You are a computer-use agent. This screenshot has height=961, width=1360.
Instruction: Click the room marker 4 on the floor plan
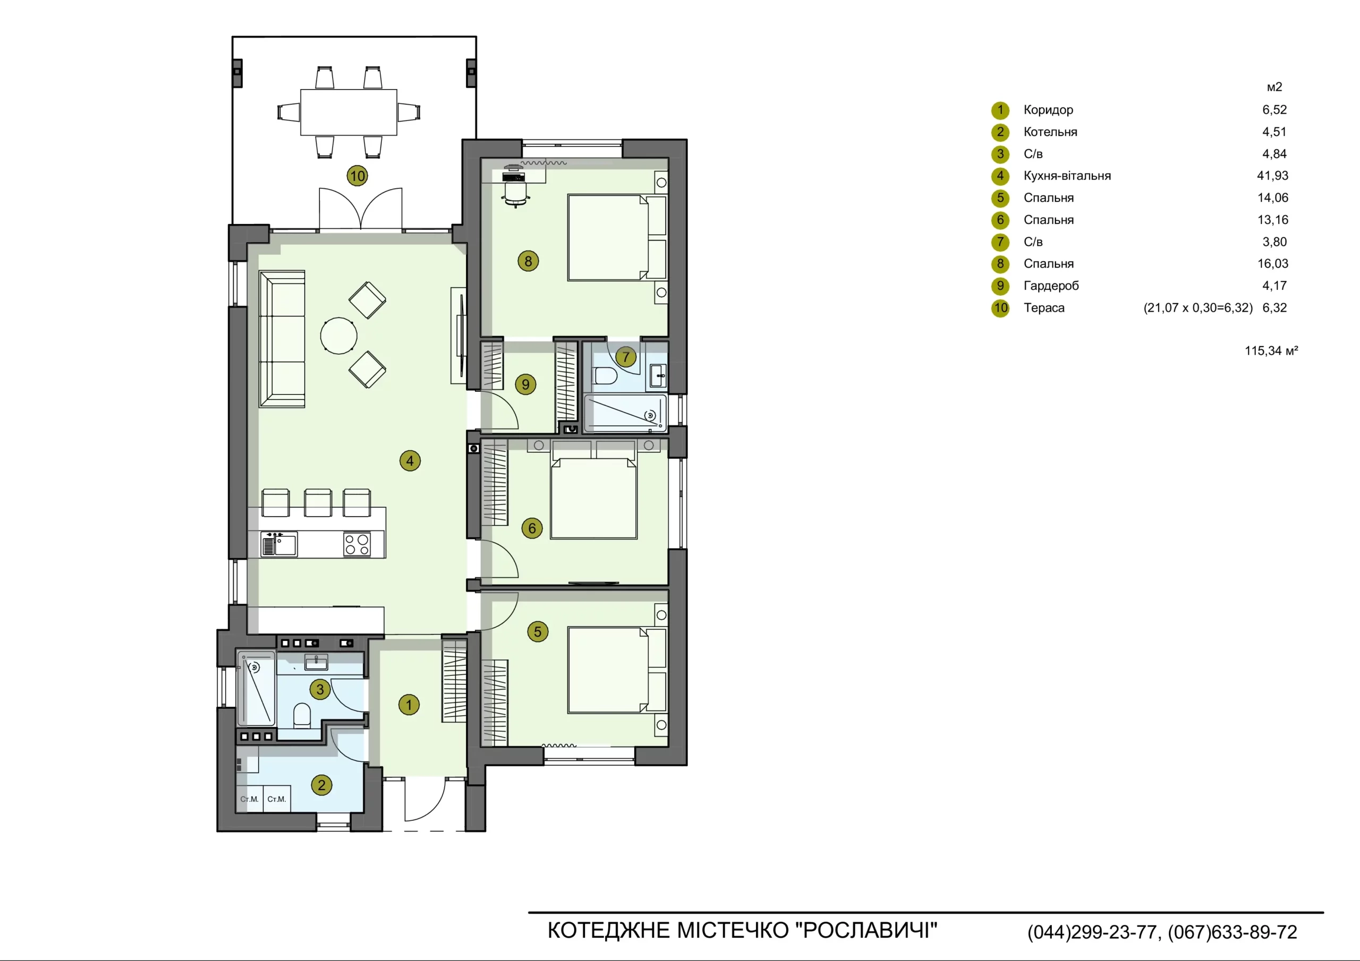coord(410,461)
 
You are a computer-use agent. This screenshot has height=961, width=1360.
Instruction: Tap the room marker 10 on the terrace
coord(357,176)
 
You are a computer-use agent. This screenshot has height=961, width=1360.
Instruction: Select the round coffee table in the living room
coord(339,336)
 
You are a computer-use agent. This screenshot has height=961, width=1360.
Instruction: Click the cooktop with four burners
coord(357,544)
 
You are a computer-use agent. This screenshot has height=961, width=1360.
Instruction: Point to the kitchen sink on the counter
coord(279,544)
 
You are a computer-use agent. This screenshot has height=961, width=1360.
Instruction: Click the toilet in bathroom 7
coord(606,376)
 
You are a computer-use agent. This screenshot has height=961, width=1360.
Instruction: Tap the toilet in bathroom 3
coord(302,715)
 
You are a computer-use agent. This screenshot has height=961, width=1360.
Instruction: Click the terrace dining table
coord(349,113)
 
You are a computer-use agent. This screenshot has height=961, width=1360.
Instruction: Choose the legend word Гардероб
coord(1051,286)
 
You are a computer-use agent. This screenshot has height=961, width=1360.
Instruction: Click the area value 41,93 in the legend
coord(1272,176)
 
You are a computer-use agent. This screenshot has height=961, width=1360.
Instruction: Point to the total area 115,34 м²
coord(1271,350)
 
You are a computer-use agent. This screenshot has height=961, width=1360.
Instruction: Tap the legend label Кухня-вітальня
coord(1067,176)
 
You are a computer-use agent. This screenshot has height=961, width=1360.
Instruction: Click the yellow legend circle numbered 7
coord(1000,242)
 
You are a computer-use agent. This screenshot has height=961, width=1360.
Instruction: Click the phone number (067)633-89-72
coord(1232,932)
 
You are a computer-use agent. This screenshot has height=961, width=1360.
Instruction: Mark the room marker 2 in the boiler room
coord(321,785)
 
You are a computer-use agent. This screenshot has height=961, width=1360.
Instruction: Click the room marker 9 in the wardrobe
coord(525,385)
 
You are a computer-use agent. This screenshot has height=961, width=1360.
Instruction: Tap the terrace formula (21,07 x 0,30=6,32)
coord(1197,308)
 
